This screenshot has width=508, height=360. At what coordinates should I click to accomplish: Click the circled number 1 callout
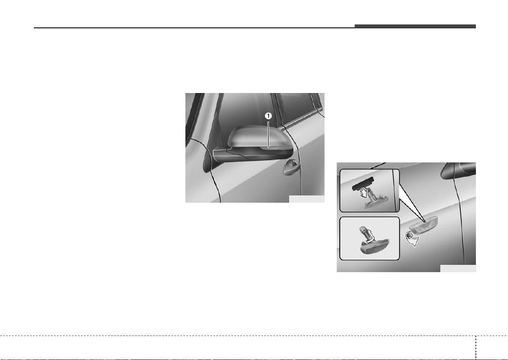[x=268, y=116]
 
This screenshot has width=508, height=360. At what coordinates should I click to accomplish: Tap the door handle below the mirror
[x=291, y=167]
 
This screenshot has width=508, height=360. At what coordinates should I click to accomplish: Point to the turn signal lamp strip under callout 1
[x=270, y=148]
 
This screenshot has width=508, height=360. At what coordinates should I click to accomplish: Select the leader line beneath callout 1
[x=268, y=133]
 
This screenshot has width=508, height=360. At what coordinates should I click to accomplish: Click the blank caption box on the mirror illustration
[x=307, y=199]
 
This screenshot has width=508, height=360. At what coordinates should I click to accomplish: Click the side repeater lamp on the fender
[x=424, y=224]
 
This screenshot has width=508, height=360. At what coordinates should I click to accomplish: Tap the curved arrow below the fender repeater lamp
[x=412, y=240]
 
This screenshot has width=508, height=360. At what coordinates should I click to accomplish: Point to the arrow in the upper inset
[x=365, y=193]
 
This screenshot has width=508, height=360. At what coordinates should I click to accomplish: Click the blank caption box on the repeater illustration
[x=458, y=268]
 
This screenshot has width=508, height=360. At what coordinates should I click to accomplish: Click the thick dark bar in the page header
[x=415, y=26]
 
